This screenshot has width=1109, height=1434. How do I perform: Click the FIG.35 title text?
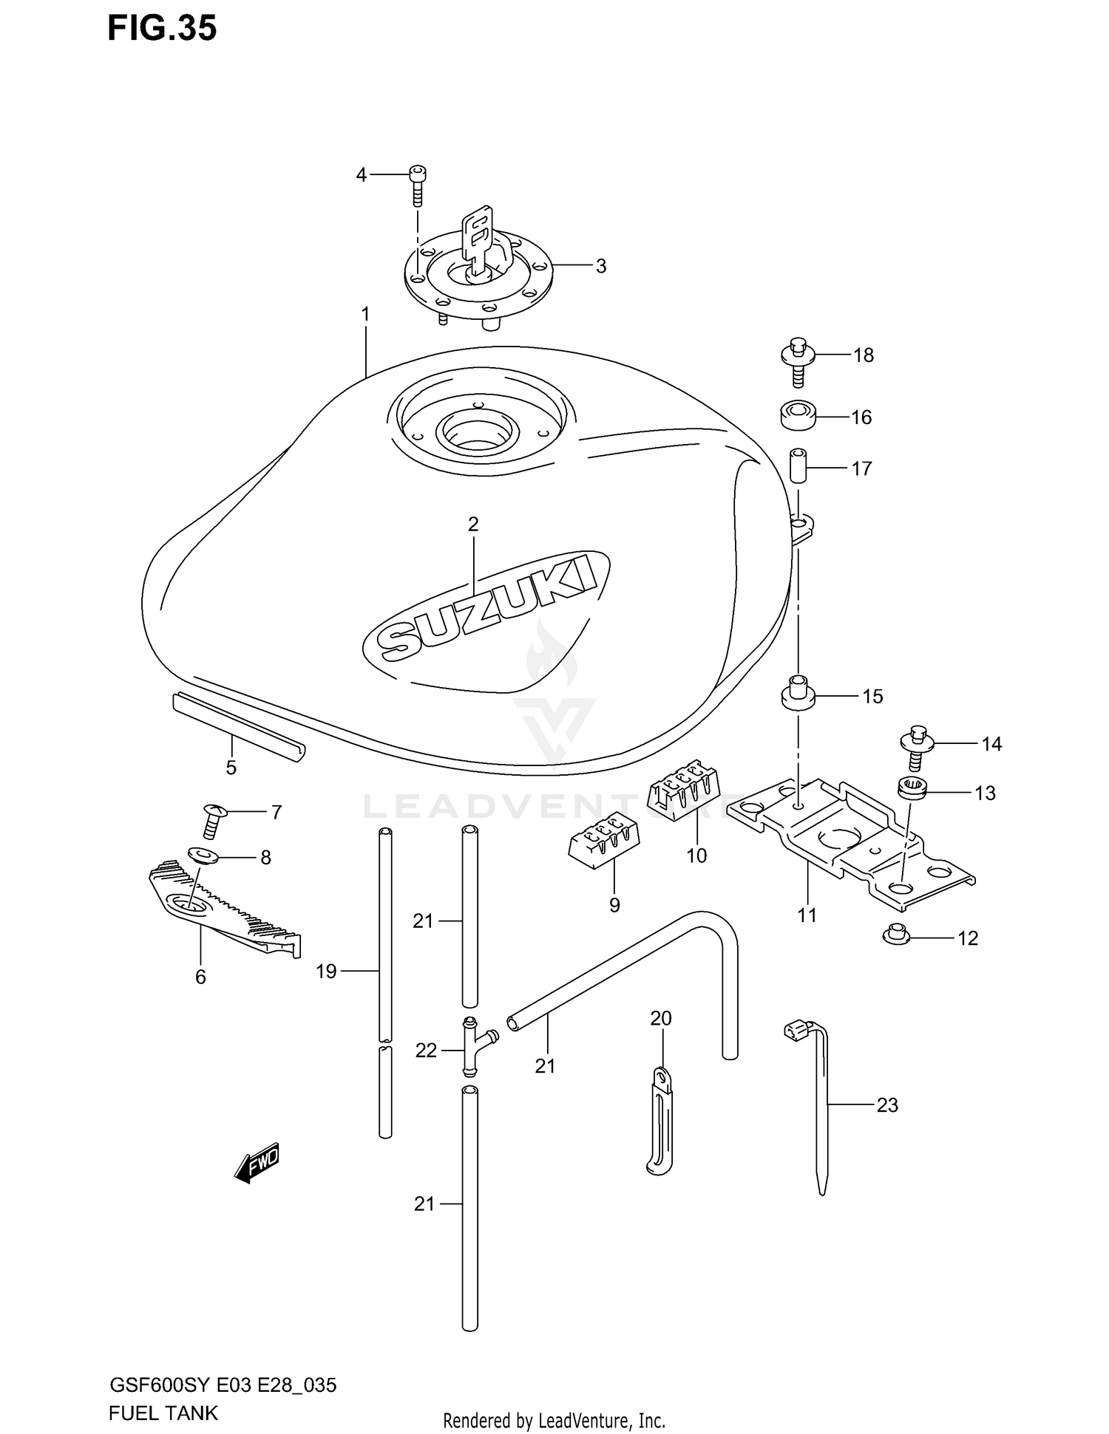tap(162, 28)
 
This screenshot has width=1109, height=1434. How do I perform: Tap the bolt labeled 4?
tap(418, 185)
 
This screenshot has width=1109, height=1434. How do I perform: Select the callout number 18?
tap(863, 355)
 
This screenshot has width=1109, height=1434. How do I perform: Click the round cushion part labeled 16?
tap(798, 414)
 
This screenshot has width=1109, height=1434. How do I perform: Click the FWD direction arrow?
tap(257, 1165)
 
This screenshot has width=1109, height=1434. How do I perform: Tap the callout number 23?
tap(886, 1105)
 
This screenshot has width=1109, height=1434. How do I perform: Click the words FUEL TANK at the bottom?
tap(163, 1413)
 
